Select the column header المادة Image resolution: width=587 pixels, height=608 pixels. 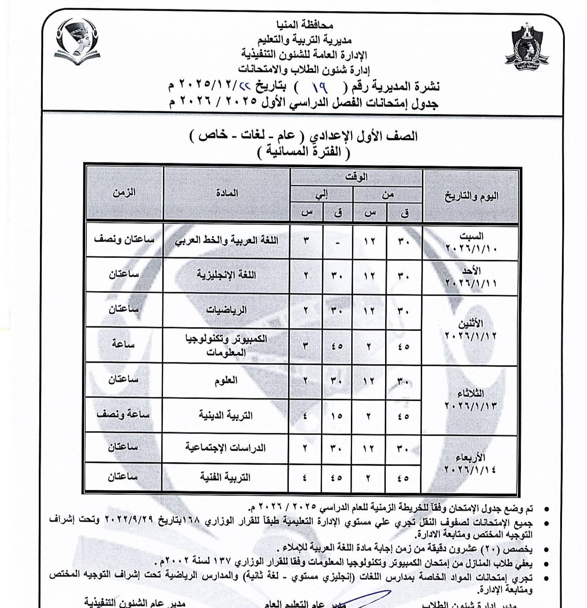click(x=227, y=193)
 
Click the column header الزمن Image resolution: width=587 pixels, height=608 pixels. click(x=124, y=192)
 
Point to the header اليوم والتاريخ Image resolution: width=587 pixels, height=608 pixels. click(x=471, y=196)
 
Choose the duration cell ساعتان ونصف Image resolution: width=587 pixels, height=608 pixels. click(x=124, y=240)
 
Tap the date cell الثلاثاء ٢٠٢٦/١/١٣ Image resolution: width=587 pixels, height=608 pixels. click(x=470, y=399)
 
